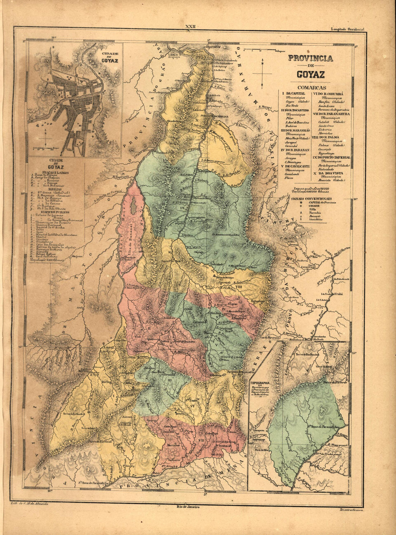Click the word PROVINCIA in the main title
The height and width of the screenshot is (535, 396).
point(310,59)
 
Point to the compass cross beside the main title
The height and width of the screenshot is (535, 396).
point(262,74)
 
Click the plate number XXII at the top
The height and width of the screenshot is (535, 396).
point(189,27)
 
